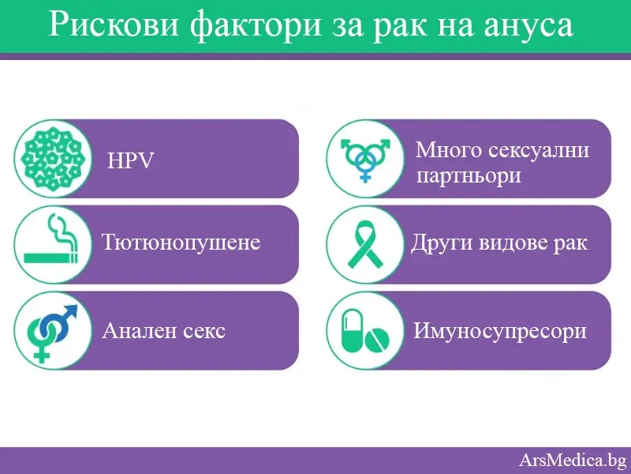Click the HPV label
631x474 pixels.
[130, 161]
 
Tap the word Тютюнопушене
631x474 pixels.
[181, 242]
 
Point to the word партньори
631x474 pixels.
[469, 175]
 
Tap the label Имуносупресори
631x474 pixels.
[500, 330]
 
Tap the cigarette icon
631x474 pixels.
[52, 243]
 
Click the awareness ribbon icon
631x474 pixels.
[365, 243]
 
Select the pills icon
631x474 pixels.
[364, 331]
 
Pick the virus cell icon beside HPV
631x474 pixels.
[53, 158]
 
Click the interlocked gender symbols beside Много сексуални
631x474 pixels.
[365, 158]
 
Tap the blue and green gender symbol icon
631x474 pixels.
[52, 331]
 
